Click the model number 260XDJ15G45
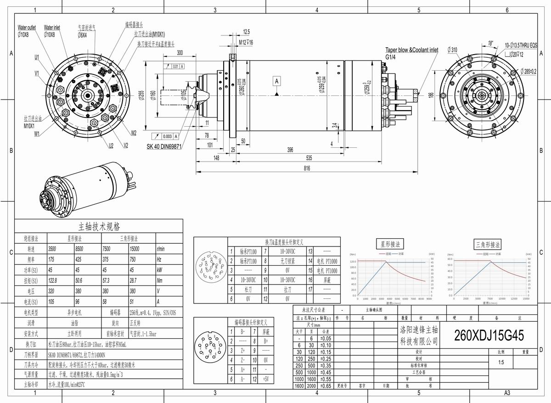489,336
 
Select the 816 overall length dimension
307,168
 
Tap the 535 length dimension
309,157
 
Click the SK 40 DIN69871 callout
164,146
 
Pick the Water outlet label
27,28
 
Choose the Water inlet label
52,28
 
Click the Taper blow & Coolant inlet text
411,50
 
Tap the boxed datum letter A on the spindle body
277,81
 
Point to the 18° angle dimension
491,43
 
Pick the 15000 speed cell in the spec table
136,248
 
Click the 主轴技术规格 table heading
99,227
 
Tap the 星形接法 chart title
391,244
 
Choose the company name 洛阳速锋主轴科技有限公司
419,336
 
